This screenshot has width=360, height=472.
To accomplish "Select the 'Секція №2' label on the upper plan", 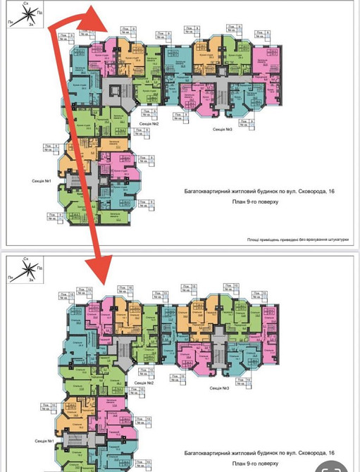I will pos(148,124).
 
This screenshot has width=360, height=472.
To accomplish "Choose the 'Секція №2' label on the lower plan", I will pos(145,383).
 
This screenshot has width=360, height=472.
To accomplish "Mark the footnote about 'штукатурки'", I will pos(298,239).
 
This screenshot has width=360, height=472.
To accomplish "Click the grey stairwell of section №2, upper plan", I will pos(112,89).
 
